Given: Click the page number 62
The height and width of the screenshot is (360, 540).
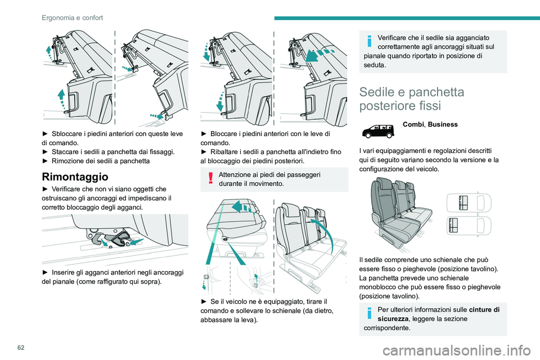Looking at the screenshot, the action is [x=21, y=348].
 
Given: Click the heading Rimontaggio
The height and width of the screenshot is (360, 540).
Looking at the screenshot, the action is [x=75, y=177].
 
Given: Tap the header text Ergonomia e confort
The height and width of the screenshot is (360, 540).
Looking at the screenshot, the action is [x=73, y=17].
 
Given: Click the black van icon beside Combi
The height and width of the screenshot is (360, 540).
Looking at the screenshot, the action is [x=378, y=131].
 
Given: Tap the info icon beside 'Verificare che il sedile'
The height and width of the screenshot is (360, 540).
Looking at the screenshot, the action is [x=370, y=41].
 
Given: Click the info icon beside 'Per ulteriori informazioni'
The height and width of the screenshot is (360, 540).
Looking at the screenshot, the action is [x=370, y=313].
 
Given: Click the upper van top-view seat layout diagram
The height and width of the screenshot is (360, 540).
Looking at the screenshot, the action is [x=469, y=202].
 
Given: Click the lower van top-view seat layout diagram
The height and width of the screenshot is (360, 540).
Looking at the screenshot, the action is [x=469, y=226].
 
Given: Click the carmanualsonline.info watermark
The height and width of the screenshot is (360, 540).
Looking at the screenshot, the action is [x=457, y=350].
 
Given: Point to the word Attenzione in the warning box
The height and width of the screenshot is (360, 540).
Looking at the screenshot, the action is [x=234, y=175].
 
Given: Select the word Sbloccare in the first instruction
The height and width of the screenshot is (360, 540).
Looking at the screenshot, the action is [x=67, y=134].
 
